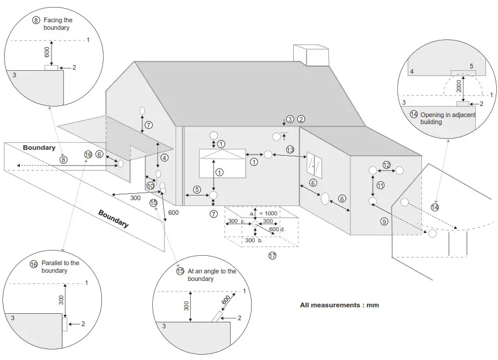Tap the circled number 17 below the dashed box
[x=272, y=256]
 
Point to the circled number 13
[x=290, y=150]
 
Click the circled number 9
[x=384, y=221]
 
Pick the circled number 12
[x=386, y=164]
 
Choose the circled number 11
[x=380, y=186]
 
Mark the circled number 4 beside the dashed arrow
[x=164, y=158]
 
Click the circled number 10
[x=150, y=186]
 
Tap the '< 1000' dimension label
[x=268, y=214]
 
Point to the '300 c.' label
[x=236, y=221]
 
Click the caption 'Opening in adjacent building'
[x=443, y=118]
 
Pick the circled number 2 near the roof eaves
[x=301, y=119]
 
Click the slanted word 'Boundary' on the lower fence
[x=114, y=218]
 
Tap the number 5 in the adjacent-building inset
[x=471, y=66]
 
